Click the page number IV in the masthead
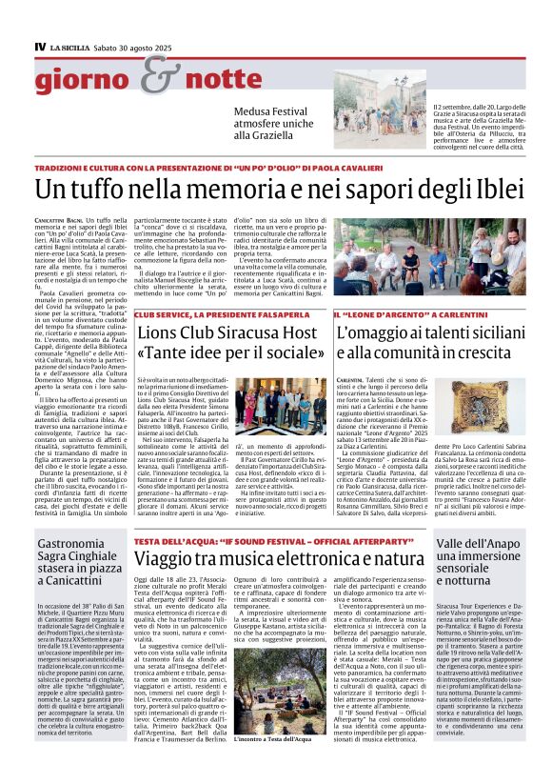click(x=40, y=47)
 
